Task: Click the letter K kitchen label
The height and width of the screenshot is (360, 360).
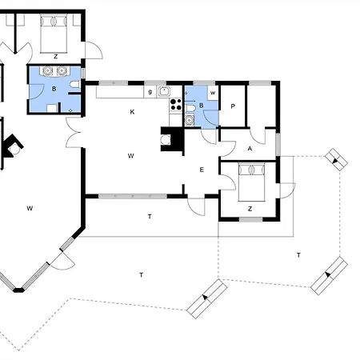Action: click(x=132, y=112)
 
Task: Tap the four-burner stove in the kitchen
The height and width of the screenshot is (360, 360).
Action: click(x=176, y=104)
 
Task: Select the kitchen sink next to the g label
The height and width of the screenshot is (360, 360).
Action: click(x=164, y=91)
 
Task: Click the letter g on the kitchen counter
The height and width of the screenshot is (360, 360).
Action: click(x=150, y=92)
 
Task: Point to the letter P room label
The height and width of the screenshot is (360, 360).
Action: click(x=233, y=106)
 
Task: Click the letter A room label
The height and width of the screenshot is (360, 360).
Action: click(x=250, y=149)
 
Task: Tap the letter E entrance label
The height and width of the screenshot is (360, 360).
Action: click(x=202, y=170)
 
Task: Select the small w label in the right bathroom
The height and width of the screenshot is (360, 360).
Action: click(x=213, y=93)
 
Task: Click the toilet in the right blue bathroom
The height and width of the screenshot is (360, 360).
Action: click(x=190, y=108)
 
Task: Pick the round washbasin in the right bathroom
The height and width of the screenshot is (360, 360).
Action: click(x=189, y=120)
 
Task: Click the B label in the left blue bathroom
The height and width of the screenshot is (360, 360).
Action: click(x=54, y=89)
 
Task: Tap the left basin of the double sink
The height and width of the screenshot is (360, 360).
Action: click(x=47, y=70)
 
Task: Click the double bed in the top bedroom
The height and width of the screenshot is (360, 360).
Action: click(x=54, y=34)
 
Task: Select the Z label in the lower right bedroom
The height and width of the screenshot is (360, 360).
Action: click(x=250, y=209)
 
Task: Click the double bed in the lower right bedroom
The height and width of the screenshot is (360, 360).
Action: click(x=251, y=182)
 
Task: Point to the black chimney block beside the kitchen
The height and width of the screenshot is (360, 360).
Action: click(x=173, y=139)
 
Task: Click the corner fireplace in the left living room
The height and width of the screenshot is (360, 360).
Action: click(x=12, y=146)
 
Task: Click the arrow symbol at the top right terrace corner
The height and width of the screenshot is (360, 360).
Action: click(x=336, y=159)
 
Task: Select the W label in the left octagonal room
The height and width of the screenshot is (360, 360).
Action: click(x=30, y=208)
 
